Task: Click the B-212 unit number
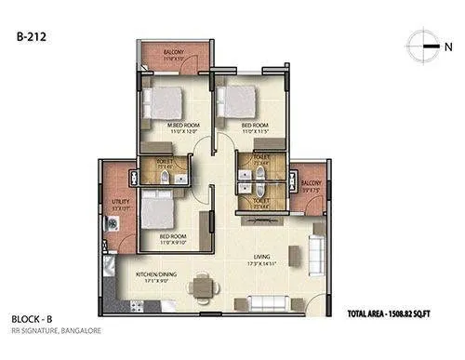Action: click(29, 37)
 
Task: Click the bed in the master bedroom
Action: click(168, 100)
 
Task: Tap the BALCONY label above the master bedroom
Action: click(173, 53)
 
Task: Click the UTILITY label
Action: click(117, 202)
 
